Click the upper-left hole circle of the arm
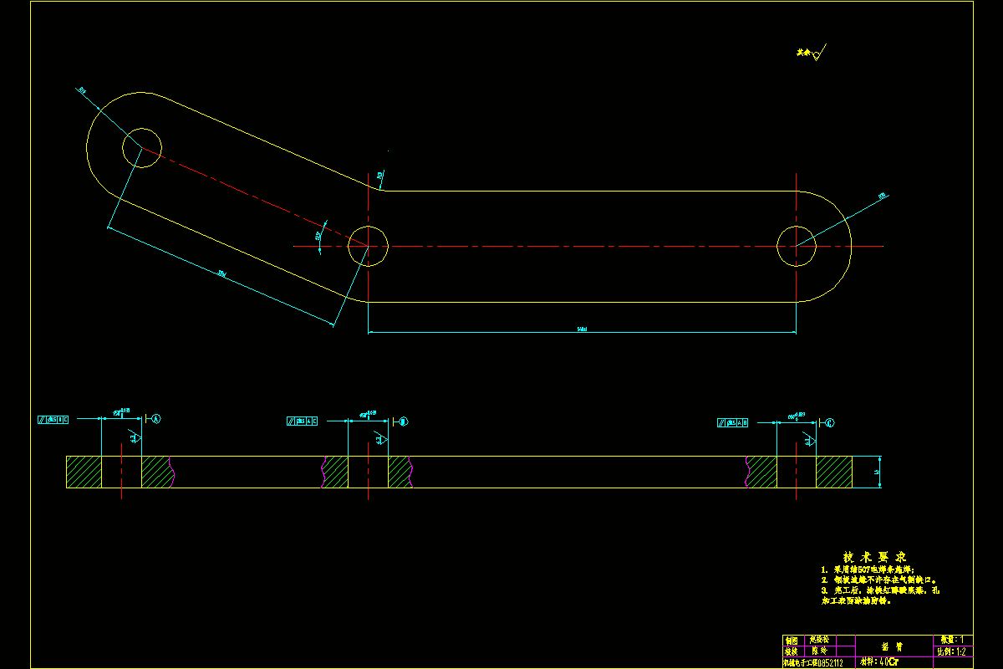click(142, 148)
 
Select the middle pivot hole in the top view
click(368, 245)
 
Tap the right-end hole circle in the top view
click(797, 246)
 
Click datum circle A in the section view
click(155, 418)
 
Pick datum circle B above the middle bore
click(403, 421)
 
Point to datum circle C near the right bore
click(829, 422)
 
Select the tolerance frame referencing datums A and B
click(732, 422)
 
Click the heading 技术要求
click(874, 557)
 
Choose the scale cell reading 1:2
click(952, 651)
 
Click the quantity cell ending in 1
click(952, 640)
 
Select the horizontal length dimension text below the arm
click(582, 329)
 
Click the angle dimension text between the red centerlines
click(318, 237)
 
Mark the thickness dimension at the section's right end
click(877, 472)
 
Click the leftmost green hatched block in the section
click(84, 472)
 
